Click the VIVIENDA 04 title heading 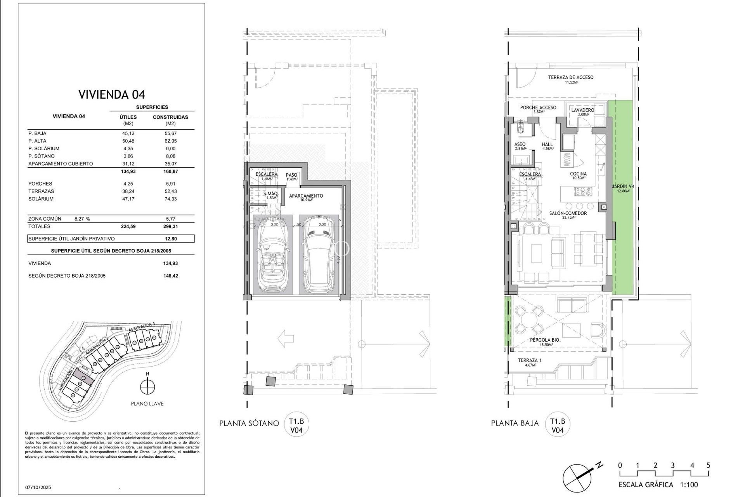(111, 94)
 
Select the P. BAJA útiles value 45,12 (128, 133)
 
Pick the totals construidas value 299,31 (170, 226)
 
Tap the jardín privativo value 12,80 (170, 239)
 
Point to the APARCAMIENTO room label (306, 196)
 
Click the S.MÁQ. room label (270, 194)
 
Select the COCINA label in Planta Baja (578, 174)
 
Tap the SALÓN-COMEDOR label (568, 213)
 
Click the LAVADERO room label (582, 110)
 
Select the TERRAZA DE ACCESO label (570, 77)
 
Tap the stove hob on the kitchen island (583, 191)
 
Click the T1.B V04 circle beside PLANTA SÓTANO (296, 425)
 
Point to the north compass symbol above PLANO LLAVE (147, 386)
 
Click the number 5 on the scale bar (708, 465)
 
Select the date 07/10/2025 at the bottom (38, 487)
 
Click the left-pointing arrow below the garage (286, 339)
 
